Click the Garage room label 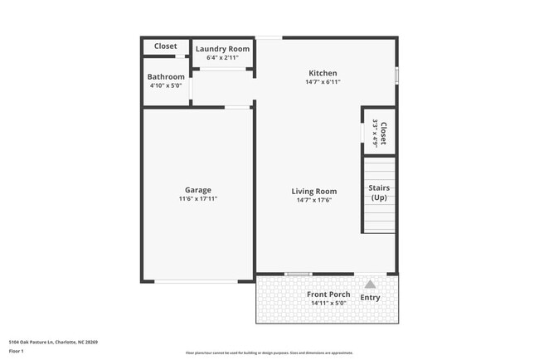[x=197, y=189]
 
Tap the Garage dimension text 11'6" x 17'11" [x=197, y=199]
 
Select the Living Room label [x=313, y=191]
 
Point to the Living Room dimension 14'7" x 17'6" [x=313, y=200]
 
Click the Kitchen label [x=323, y=72]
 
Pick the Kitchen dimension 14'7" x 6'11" [x=323, y=81]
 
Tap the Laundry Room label [x=222, y=49]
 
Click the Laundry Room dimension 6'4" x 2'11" [x=222, y=57]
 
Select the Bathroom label [x=166, y=76]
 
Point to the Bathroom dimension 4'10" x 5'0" [x=166, y=85]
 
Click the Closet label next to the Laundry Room [x=166, y=46]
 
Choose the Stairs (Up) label [x=379, y=192]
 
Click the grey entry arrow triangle [x=370, y=284]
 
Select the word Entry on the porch [x=370, y=297]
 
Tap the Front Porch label [x=328, y=294]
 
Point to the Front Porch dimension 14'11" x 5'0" [x=328, y=304]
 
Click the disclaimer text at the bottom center [x=269, y=353]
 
